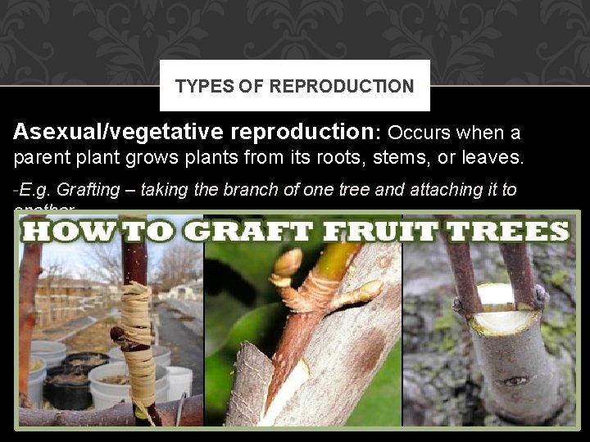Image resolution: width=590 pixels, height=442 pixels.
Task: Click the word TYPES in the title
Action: (x=197, y=86)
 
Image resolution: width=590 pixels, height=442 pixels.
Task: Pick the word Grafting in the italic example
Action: (x=89, y=189)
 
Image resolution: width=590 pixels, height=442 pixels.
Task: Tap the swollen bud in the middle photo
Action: (x=288, y=264)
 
